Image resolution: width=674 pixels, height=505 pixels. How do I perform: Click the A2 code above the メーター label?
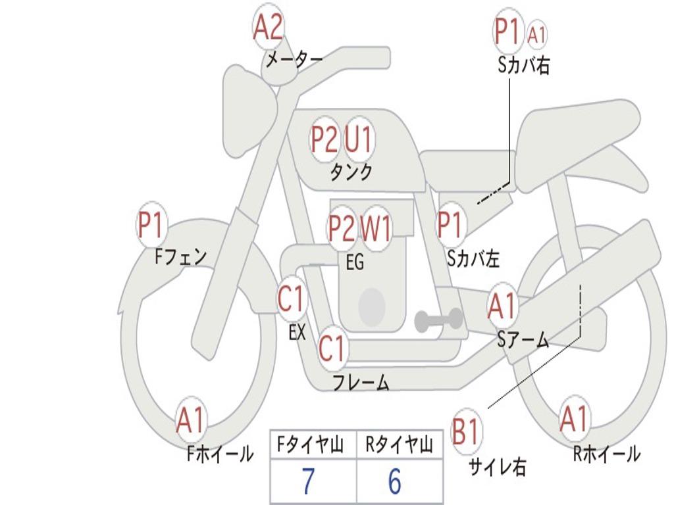pos(268,28)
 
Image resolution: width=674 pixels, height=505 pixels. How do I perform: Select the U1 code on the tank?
pos(359,139)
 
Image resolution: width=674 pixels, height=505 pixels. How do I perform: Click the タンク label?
pos(351,172)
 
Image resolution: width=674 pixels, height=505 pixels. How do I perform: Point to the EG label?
pos(355,262)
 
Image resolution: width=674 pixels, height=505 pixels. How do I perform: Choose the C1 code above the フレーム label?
pos(332,348)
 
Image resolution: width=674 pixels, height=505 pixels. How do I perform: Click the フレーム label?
pos(361,382)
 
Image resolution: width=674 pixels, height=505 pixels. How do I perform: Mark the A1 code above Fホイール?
pos(191,421)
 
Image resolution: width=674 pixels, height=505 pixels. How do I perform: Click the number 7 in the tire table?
pos(308,482)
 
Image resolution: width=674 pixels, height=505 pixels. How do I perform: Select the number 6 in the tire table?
pos(394,482)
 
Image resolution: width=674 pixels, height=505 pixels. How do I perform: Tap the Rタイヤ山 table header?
pos(399,446)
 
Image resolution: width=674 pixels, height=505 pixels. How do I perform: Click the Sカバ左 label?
pos(473,259)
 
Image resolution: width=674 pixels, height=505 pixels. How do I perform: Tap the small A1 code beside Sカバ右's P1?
pos(537,34)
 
